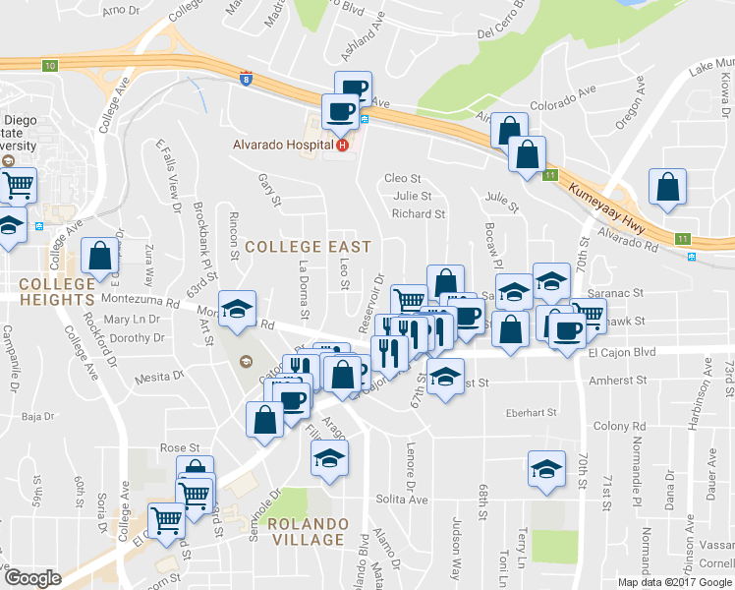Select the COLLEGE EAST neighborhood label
coord(308,246)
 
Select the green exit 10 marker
coord(50,65)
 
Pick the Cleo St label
coord(403,179)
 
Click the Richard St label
coord(418,213)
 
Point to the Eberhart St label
coord(531,412)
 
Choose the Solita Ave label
coord(404,500)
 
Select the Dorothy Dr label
coord(137,338)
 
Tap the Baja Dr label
coord(37,417)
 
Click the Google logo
coord(32,578)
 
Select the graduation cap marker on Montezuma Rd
coord(236,309)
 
